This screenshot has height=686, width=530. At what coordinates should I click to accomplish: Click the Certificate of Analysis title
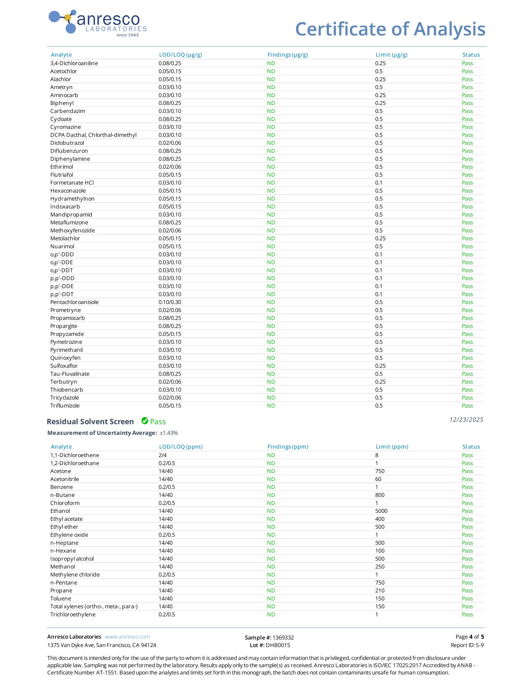click(390, 29)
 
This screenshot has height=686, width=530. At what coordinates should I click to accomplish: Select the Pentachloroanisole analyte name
click(74, 302)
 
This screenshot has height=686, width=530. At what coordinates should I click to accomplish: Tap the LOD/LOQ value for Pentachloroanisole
click(170, 302)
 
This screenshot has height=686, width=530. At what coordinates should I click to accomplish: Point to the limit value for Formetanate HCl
click(379, 183)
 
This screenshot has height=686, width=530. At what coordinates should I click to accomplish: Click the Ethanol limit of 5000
click(381, 511)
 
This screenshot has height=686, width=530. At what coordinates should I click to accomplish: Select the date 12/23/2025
click(466, 420)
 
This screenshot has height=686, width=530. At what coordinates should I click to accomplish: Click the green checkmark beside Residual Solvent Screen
click(145, 421)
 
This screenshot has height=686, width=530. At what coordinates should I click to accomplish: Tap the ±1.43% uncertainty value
click(169, 433)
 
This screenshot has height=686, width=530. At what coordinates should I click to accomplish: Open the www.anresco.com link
click(127, 637)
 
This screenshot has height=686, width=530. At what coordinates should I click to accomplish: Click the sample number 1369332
click(283, 637)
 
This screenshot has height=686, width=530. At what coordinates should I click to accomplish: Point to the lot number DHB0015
click(278, 645)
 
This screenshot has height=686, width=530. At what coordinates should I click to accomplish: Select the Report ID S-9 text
click(479, 645)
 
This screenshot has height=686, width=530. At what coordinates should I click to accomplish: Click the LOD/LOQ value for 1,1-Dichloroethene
click(162, 455)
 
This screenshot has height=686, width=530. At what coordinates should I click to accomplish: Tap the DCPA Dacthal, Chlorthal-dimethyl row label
click(93, 135)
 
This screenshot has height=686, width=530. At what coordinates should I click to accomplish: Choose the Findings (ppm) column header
click(288, 447)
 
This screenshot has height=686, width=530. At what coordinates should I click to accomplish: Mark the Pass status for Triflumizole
click(467, 405)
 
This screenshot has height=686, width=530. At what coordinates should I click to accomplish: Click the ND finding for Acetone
click(271, 471)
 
